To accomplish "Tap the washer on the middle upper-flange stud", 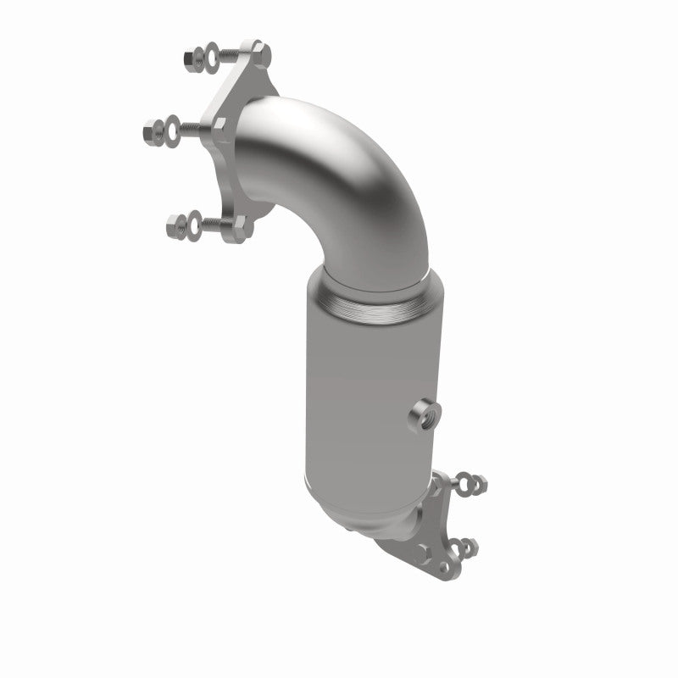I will (169, 129).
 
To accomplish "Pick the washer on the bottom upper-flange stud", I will (196, 225).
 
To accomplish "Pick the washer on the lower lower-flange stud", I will (458, 546).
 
